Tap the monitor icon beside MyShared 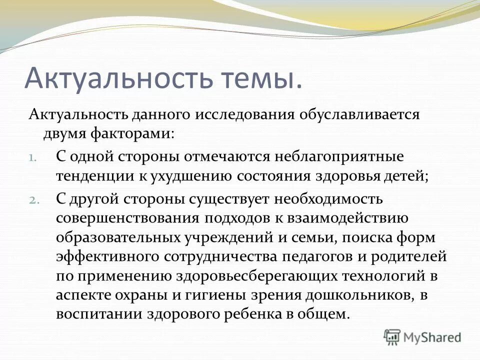click(392, 337)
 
